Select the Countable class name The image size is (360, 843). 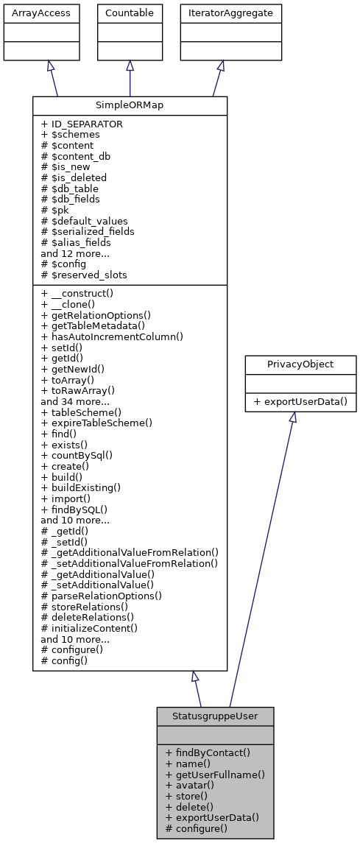tap(130, 13)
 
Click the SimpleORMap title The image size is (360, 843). tap(130, 105)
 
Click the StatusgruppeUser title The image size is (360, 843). tap(215, 716)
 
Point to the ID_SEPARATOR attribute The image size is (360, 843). tap(82, 124)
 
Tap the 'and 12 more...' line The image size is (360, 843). tap(76, 253)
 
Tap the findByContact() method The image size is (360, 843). tap(208, 753)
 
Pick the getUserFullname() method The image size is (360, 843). tap(215, 775)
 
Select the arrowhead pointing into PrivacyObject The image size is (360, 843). tap(292, 417)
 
